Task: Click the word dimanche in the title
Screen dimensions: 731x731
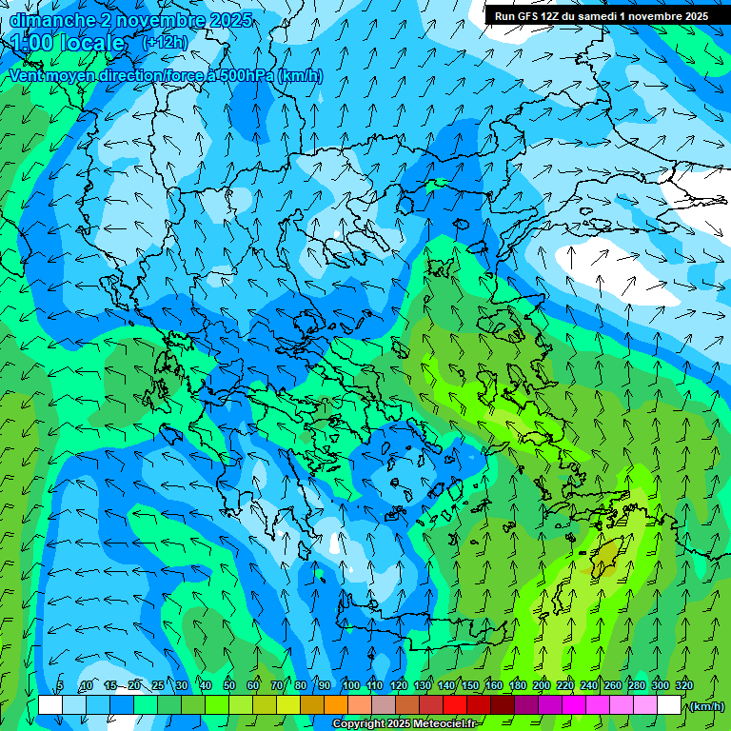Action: [52, 20]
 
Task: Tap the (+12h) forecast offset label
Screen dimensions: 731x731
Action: [165, 42]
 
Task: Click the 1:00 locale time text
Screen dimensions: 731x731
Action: [68, 43]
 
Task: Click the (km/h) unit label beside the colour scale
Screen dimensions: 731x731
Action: [706, 706]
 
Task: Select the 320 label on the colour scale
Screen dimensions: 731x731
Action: [684, 686]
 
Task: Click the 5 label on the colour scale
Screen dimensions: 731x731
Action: [60, 686]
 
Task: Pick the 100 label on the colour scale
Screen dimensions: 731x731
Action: [350, 686]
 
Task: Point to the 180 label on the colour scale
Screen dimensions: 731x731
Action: [518, 686]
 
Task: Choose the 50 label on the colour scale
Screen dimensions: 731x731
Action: [229, 686]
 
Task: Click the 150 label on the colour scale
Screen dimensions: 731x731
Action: [470, 686]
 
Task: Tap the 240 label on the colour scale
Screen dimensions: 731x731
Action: [589, 686]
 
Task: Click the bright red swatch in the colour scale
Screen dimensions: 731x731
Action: [455, 705]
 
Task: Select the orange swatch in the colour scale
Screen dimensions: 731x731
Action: [336, 705]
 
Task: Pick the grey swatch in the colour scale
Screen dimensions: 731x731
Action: [384, 705]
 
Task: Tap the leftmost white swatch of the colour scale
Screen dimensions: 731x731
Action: [50, 705]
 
